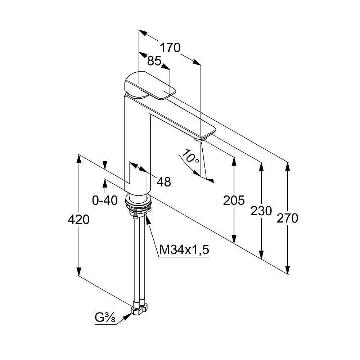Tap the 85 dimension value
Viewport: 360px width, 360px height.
pos(154,61)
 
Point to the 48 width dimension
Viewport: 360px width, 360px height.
pos(164,182)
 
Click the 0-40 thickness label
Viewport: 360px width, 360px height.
pos(105,200)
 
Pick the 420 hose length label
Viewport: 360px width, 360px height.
pos(78,219)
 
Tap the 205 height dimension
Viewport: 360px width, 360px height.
pos(234,200)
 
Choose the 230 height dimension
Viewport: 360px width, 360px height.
pos(261,211)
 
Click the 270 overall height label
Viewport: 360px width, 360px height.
pos(288,218)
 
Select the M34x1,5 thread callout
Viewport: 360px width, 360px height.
pos(184,249)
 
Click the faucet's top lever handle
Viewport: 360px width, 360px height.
pos(148,86)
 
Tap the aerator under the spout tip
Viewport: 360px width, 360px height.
pos(198,138)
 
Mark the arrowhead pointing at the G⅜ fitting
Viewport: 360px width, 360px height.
pos(127,316)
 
